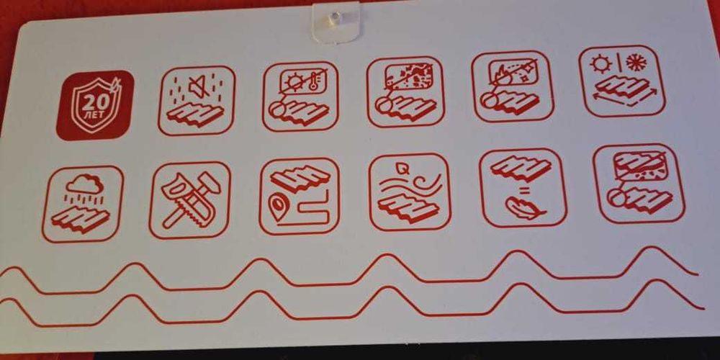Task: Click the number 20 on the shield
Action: [94, 103]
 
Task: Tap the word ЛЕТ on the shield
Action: [94, 114]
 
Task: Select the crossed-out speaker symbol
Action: [199, 87]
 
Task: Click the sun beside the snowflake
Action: [601, 63]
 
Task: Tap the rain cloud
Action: [84, 184]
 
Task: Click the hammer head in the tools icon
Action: [209, 181]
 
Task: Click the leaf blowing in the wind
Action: [402, 169]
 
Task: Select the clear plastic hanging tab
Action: [336, 21]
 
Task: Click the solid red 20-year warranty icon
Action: [94, 105]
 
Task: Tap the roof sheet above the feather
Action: [521, 168]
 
